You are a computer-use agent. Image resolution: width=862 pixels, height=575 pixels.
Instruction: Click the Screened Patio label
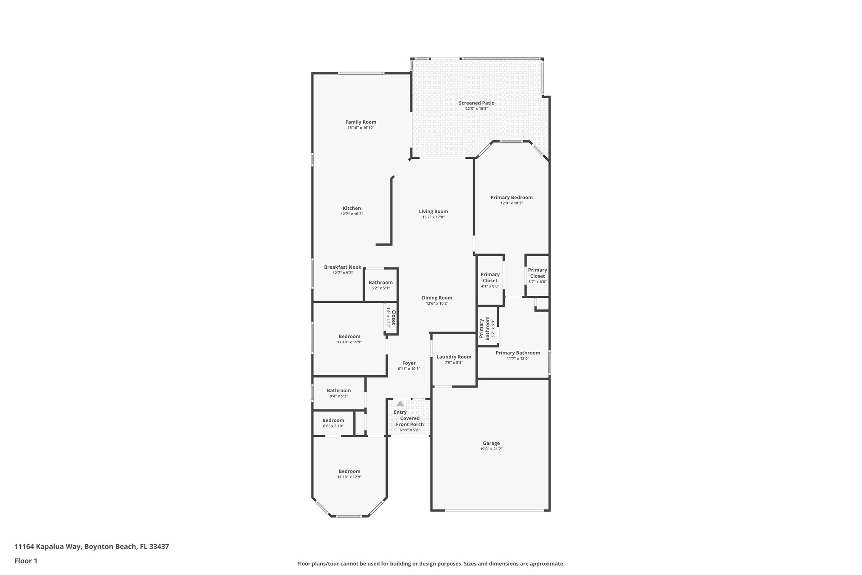(476, 103)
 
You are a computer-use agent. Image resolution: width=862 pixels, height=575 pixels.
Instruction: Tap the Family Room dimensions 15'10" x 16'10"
(361, 128)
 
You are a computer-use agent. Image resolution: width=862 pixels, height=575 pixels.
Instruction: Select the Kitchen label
(351, 208)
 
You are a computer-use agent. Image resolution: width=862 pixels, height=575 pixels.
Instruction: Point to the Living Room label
(433, 211)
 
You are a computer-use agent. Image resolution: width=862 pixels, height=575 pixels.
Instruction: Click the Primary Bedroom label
(511, 197)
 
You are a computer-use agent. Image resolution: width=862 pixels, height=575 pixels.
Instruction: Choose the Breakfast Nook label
(343, 267)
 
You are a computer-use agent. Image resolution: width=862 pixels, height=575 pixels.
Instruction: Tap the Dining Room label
(437, 297)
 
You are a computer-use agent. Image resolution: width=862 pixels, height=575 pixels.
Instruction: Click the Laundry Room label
(454, 357)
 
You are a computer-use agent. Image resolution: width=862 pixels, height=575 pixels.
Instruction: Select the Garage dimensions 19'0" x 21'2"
(491, 449)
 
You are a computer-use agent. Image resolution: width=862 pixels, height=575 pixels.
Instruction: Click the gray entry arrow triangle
(400, 404)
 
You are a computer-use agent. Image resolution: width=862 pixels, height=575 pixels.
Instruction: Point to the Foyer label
(409, 363)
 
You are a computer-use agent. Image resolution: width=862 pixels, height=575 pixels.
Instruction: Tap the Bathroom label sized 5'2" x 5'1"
(380, 283)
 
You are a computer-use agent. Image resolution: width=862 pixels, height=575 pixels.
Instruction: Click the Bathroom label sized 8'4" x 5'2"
(338, 390)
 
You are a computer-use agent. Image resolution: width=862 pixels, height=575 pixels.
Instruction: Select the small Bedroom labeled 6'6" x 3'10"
(333, 420)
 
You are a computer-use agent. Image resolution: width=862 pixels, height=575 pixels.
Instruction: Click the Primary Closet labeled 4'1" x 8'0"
(490, 277)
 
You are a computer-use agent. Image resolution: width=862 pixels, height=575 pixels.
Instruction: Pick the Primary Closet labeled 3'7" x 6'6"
(537, 273)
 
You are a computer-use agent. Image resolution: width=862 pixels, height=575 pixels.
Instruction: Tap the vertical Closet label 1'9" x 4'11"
(394, 318)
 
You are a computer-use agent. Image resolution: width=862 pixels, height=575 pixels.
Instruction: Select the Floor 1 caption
(26, 561)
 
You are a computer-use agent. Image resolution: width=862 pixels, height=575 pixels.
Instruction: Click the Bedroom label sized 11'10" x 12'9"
(349, 471)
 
